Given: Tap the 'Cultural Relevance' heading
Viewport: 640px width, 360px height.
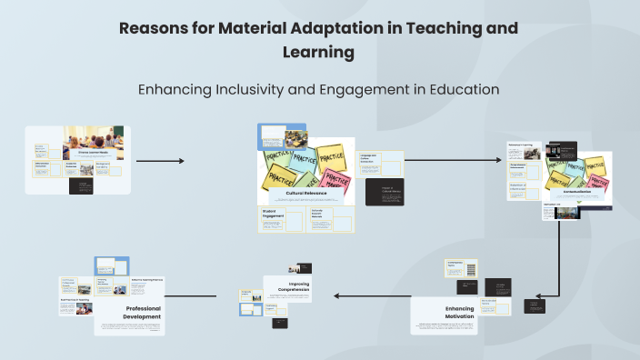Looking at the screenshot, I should coord(304,194).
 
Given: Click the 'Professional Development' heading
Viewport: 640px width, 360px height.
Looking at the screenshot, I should coord(131,312).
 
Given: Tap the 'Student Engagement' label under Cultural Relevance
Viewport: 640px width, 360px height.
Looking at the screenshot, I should coord(270,214).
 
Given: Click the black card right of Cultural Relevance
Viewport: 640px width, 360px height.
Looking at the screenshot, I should coord(384,193).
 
